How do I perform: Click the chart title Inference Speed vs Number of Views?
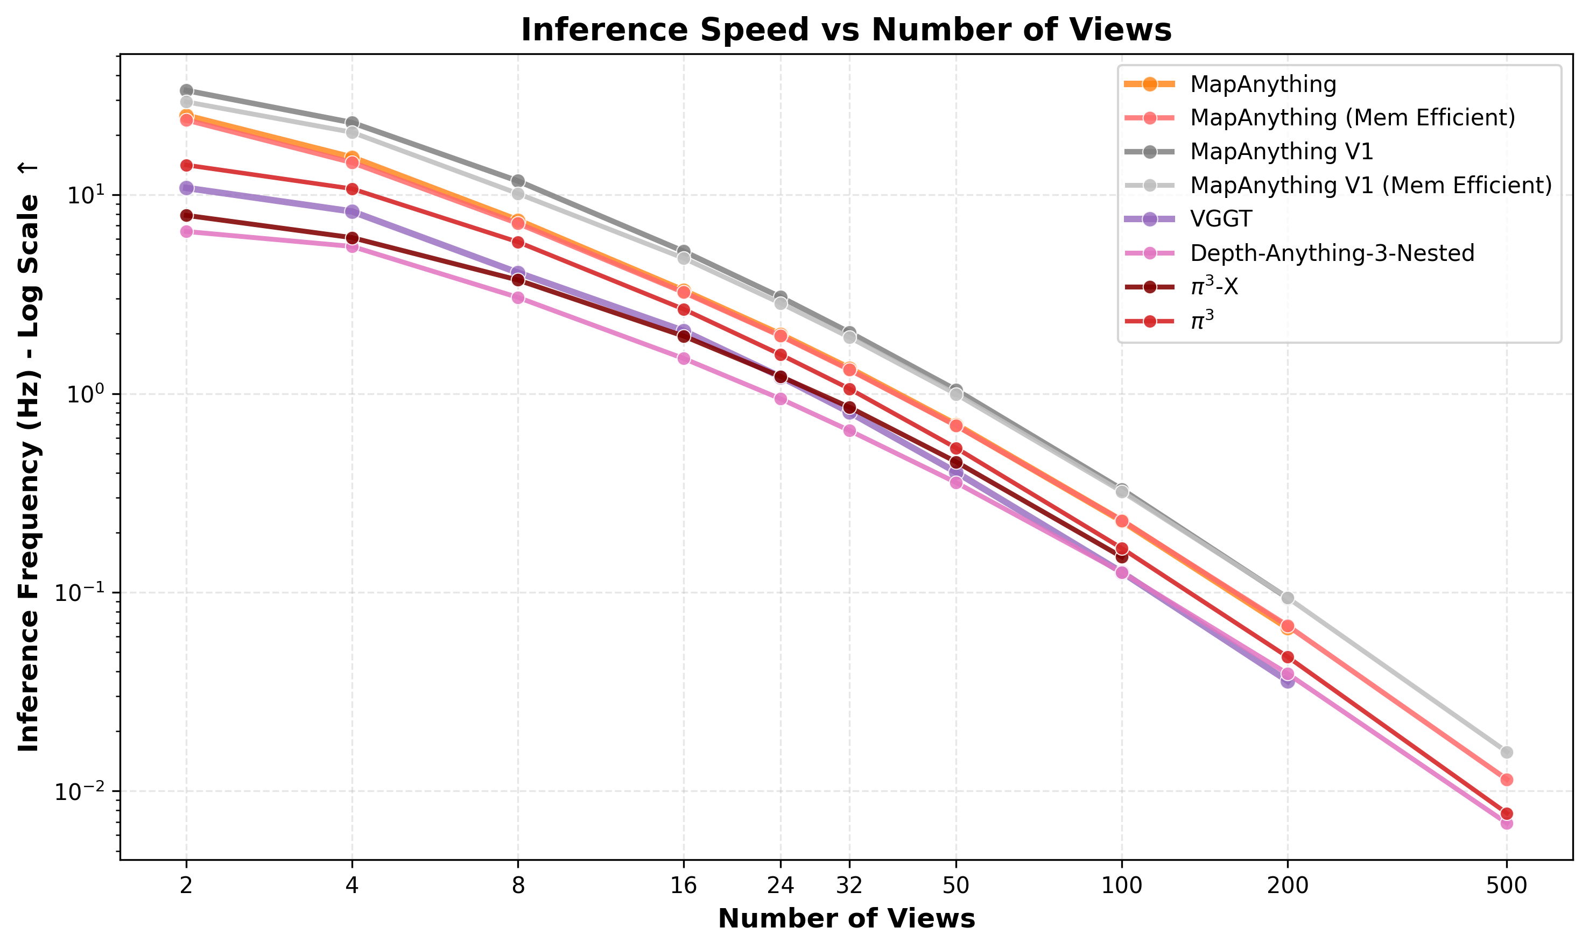[846, 30]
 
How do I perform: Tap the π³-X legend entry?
[1213, 287]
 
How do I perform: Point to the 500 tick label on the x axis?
[1507, 886]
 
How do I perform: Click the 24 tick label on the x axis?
[781, 886]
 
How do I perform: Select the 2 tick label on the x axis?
[186, 886]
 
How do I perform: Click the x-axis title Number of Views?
[846, 919]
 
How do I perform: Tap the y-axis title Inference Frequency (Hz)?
[28, 457]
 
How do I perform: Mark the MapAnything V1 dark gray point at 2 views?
[186, 90]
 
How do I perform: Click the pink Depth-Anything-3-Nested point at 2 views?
[186, 231]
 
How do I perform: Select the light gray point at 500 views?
[1507, 752]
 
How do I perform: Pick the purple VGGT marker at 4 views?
[352, 211]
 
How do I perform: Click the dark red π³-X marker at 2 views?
[186, 216]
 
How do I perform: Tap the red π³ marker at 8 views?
[518, 243]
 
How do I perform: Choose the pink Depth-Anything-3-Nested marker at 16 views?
[684, 358]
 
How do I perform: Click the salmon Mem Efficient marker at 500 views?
[1507, 780]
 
